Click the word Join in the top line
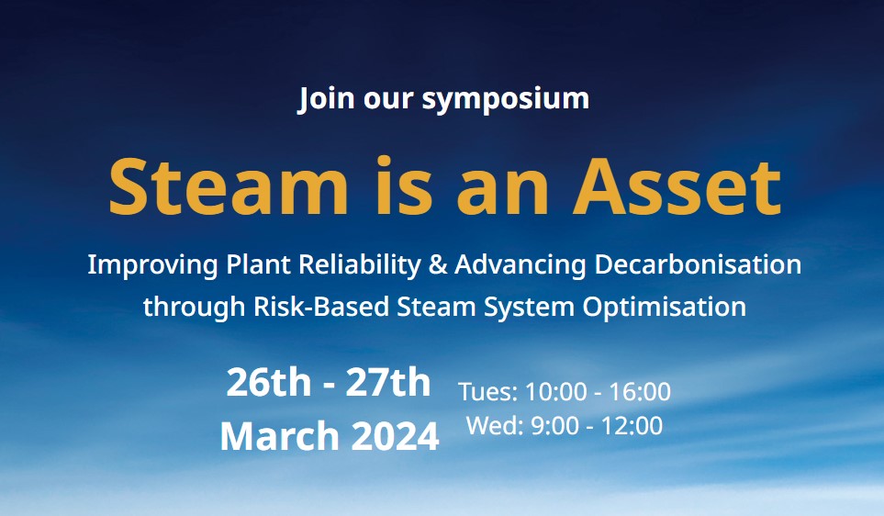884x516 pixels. [x=327, y=98]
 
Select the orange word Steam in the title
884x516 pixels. [x=229, y=186]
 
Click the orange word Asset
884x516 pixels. [x=677, y=186]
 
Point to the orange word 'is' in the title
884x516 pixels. [x=404, y=185]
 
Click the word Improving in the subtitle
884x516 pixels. [x=152, y=265]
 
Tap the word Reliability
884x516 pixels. [x=360, y=265]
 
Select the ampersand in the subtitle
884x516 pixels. [x=438, y=265]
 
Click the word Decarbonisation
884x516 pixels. [x=698, y=264]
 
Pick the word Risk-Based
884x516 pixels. [x=321, y=308]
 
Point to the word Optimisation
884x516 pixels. [x=664, y=308]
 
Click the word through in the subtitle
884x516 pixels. [x=194, y=308]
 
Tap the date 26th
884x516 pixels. [x=269, y=382]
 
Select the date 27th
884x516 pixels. [x=388, y=382]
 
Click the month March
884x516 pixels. [x=280, y=436]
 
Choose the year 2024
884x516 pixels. [x=395, y=436]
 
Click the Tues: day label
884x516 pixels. [x=488, y=391]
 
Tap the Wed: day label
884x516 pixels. [x=495, y=425]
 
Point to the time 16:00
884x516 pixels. [x=640, y=391]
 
